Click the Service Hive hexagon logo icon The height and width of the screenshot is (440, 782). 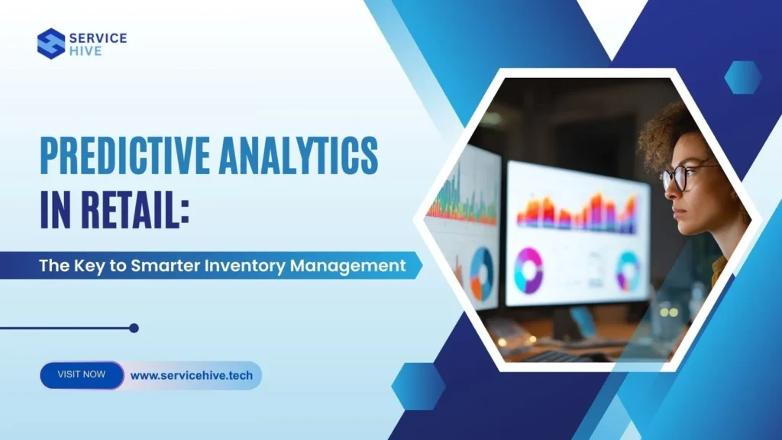tap(51, 44)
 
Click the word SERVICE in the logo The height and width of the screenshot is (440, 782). tap(99, 37)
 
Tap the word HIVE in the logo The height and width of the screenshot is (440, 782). tap(84, 52)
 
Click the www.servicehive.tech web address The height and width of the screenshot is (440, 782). tap(192, 375)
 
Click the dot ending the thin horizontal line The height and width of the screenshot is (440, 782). tap(134, 328)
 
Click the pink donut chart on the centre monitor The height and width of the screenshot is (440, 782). tap(528, 270)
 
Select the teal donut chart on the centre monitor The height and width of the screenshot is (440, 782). tap(628, 270)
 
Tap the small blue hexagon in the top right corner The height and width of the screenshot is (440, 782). tap(742, 77)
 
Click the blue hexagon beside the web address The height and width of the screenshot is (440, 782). tap(418, 385)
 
